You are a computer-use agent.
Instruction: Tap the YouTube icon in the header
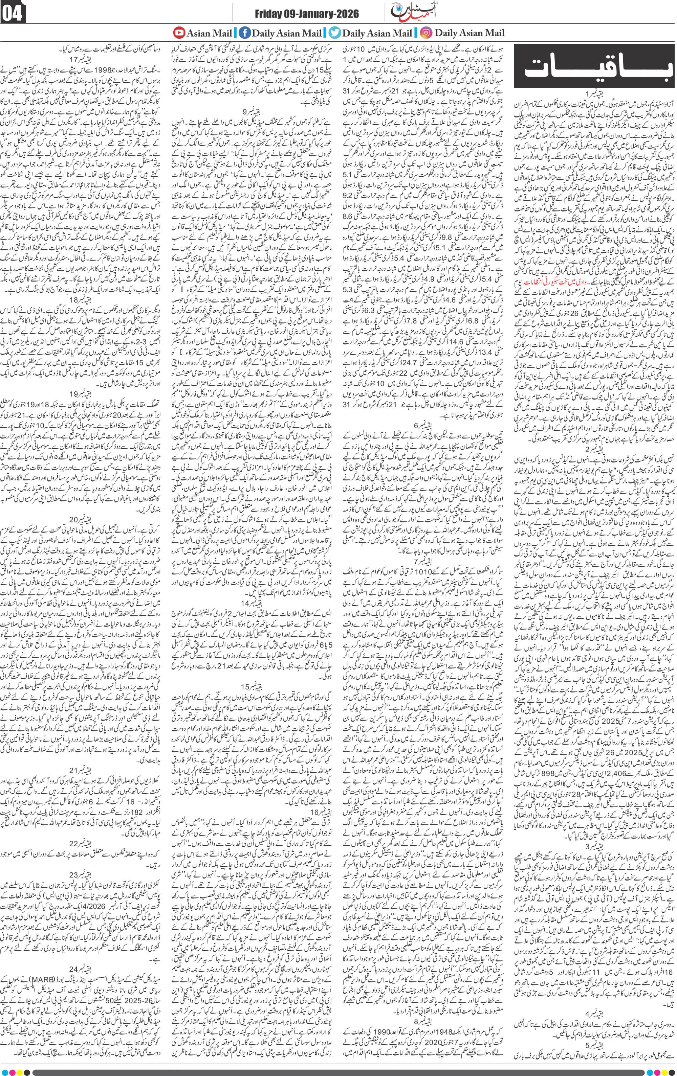tap(179, 32)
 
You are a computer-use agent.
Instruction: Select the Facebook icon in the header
tap(244, 32)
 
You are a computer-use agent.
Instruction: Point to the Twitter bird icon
tap(335, 32)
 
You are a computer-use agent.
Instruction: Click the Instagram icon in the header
tap(427, 32)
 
